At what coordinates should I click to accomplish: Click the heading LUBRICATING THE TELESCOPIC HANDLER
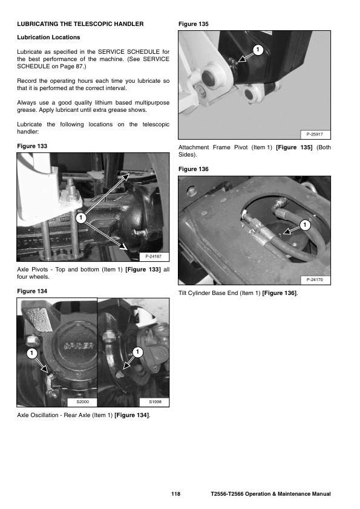[80, 24]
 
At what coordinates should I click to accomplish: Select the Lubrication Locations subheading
[48, 37]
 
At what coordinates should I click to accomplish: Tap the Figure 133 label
[32, 146]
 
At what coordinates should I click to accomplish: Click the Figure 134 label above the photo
[32, 291]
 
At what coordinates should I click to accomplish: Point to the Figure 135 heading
[194, 24]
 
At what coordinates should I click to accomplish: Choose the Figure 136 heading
[194, 169]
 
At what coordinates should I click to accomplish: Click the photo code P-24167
[153, 256]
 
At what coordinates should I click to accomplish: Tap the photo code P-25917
[315, 134]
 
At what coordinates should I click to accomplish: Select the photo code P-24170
[315, 279]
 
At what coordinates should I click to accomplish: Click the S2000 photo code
[82, 401]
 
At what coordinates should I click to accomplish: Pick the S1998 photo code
[155, 401]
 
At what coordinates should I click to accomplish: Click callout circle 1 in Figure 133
[81, 218]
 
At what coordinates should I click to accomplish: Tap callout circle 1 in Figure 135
[258, 50]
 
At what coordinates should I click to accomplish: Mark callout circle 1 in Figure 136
[305, 225]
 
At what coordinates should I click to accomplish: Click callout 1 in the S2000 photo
[31, 353]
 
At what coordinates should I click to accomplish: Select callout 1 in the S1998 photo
[137, 352]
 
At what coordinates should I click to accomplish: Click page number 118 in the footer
[176, 494]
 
